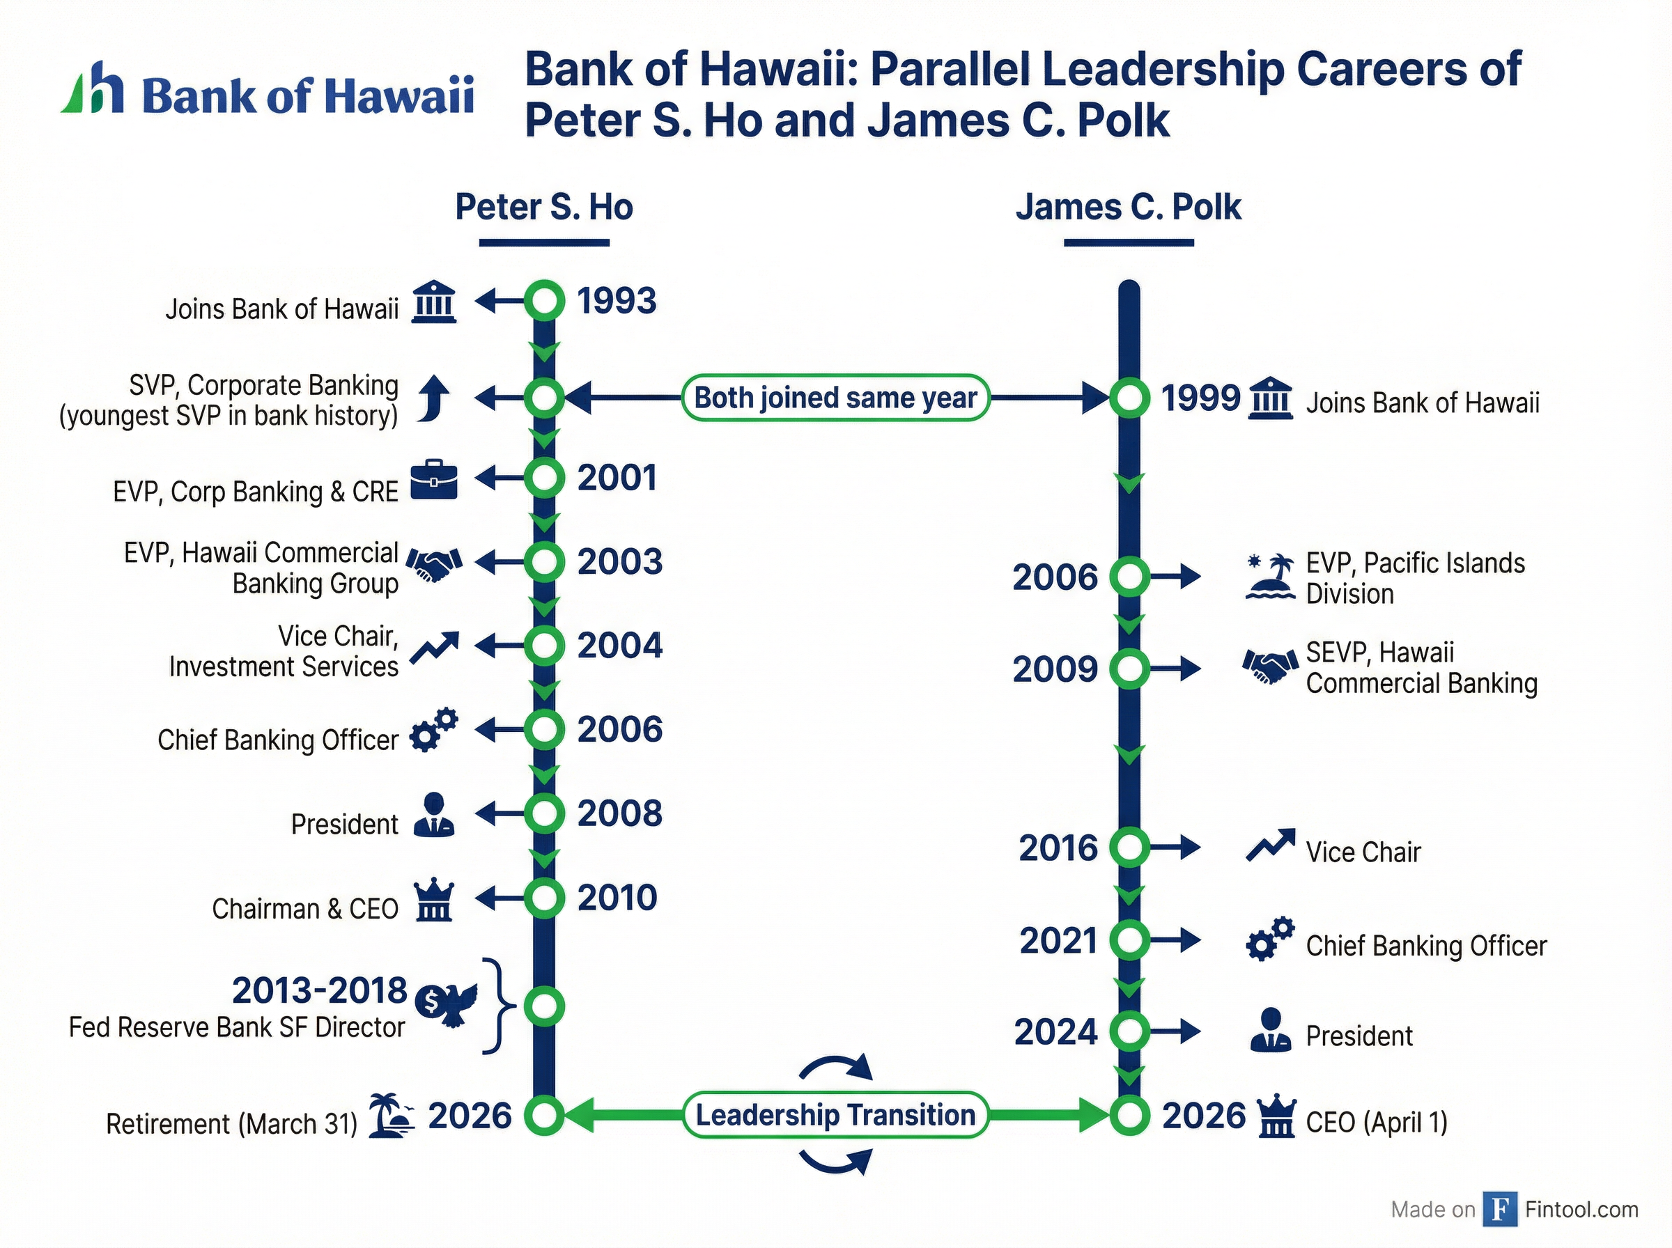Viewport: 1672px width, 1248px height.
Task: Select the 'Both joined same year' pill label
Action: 835,398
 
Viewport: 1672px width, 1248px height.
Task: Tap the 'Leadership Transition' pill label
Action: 835,1115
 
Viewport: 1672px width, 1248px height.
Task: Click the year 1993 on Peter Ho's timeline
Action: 617,301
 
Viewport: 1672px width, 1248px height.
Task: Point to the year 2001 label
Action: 617,478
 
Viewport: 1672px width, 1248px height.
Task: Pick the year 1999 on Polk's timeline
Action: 1200,398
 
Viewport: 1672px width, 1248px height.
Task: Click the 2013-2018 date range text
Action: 319,990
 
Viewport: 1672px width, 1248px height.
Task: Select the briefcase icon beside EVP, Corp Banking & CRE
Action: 434,479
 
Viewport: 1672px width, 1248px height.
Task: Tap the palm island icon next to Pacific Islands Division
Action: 1269,577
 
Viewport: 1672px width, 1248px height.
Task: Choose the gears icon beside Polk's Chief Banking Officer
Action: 1269,939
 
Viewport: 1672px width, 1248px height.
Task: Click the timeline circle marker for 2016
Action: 1129,847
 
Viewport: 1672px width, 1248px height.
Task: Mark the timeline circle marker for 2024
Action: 1129,1031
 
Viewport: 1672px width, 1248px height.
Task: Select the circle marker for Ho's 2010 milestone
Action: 544,898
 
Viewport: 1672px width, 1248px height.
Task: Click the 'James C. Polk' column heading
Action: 1128,207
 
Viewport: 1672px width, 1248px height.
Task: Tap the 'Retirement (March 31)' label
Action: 231,1123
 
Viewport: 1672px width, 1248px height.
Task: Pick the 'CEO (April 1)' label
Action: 1377,1122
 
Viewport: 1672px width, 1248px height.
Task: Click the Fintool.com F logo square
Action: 1499,1209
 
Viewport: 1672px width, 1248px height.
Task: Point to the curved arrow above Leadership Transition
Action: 835,1068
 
